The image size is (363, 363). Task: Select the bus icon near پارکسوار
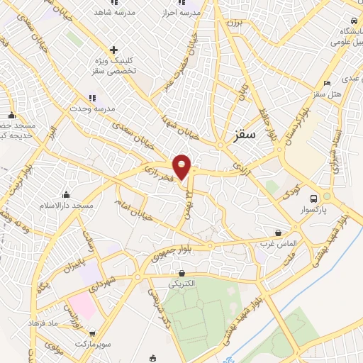tap(314, 198)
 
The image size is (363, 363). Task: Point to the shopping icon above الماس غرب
tap(278, 232)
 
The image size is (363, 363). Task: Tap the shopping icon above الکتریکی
tap(182, 273)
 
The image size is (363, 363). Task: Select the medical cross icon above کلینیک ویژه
tap(113, 50)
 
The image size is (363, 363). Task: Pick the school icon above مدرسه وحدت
tap(91, 98)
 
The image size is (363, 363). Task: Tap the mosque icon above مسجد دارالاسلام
tap(67, 194)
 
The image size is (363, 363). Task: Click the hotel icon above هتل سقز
tap(316, 82)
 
